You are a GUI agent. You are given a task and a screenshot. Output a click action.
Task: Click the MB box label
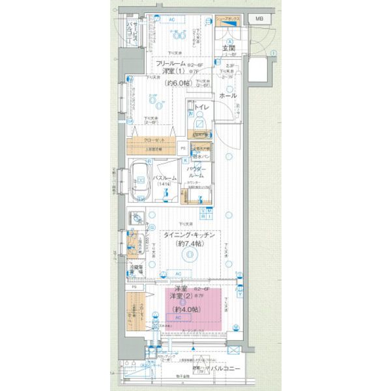[x=259, y=18]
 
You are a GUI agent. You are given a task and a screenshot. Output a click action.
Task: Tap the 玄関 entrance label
[x=229, y=49]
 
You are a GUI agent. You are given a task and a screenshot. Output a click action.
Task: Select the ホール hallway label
[x=228, y=95]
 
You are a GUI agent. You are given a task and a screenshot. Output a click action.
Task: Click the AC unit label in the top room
[x=172, y=19]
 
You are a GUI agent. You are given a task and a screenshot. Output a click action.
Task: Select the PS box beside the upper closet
[x=183, y=149]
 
